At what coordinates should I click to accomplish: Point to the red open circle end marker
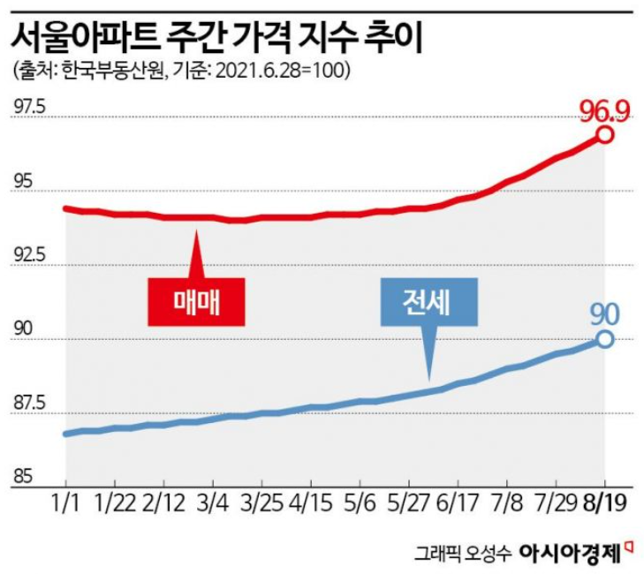pos(605,134)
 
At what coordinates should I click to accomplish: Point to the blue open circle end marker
pos(605,338)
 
